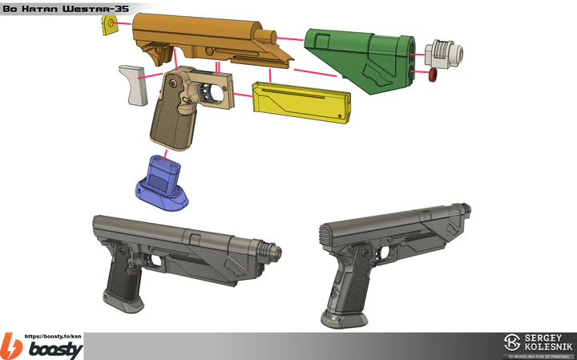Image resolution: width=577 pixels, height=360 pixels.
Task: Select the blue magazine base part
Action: pyautogui.click(x=163, y=185)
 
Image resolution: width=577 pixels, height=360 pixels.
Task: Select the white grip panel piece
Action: pyautogui.click(x=132, y=85)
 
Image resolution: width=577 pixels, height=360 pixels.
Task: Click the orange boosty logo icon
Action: pyautogui.click(x=10, y=346)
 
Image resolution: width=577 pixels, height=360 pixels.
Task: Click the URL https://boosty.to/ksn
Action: pyautogui.click(x=54, y=336)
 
